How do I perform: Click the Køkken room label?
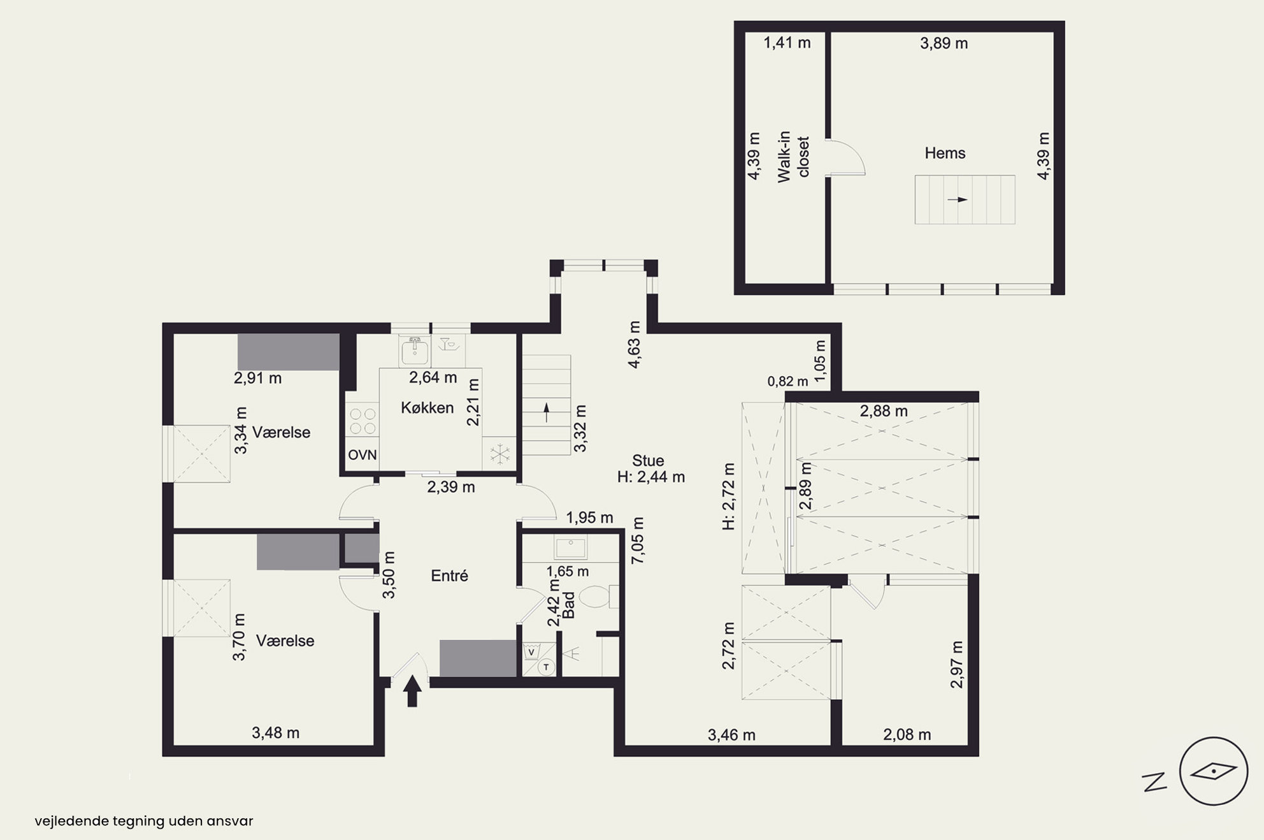click(427, 408)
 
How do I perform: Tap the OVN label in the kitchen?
click(363, 455)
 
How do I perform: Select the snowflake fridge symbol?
click(500, 454)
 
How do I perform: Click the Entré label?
click(450, 576)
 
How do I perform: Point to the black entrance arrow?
click(412, 691)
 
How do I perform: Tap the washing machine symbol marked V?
click(531, 652)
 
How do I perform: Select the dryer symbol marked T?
click(547, 667)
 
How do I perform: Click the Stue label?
click(648, 460)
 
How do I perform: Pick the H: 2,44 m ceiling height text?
click(651, 477)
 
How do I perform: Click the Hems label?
click(945, 153)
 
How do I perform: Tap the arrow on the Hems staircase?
click(958, 199)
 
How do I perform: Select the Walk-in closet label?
click(793, 157)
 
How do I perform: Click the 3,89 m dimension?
click(944, 43)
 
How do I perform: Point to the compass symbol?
click(1213, 771)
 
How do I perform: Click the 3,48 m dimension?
click(275, 733)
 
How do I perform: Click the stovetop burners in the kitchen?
click(362, 422)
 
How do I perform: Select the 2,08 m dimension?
click(907, 735)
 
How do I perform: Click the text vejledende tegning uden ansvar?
click(144, 821)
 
